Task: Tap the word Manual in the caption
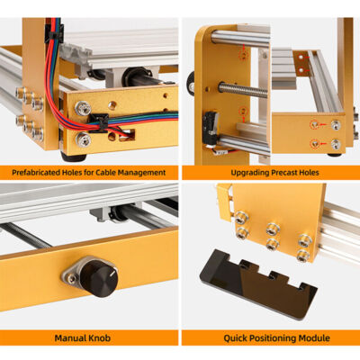(x=67, y=337)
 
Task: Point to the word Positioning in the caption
(x=265, y=337)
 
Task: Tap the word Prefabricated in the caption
(x=43, y=171)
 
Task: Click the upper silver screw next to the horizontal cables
(x=83, y=110)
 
